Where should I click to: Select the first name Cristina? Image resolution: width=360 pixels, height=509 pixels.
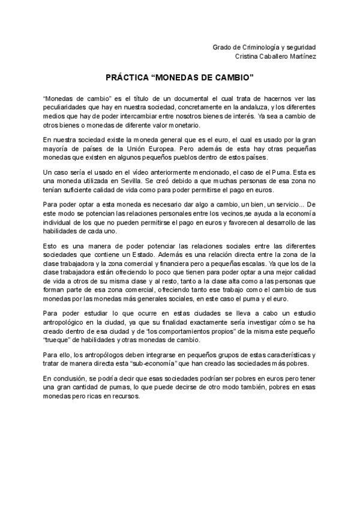[x=250, y=56]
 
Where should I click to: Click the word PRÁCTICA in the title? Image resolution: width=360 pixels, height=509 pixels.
[x=127, y=78]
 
